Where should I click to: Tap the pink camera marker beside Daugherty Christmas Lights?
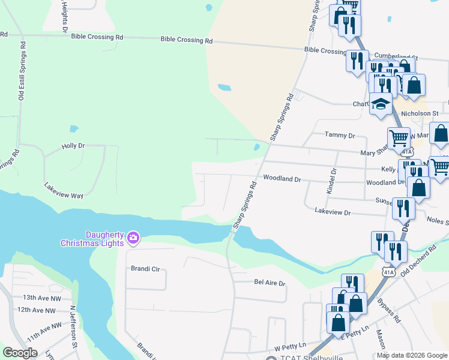[x=133, y=239]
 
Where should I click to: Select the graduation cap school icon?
[x=381, y=104]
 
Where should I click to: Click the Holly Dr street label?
[x=73, y=146]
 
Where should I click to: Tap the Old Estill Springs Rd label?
[x=22, y=70]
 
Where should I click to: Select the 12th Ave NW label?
[x=36, y=310]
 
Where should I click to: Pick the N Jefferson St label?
[x=73, y=326]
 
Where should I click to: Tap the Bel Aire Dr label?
[x=270, y=282]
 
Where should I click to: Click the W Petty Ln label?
[x=291, y=347]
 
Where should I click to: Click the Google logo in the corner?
[x=20, y=353]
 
